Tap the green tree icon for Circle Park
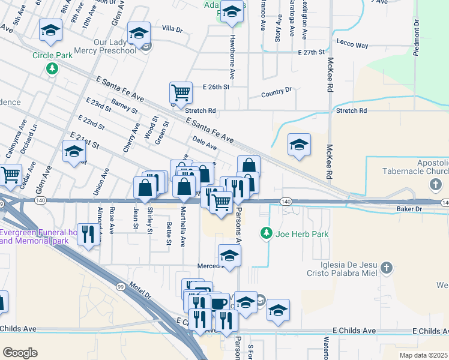53,68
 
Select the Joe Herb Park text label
302,234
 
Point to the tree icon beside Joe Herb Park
267,233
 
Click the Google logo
20,352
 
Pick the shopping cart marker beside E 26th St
181,93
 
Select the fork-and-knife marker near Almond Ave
88,233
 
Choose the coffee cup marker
219,304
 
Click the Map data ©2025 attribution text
423,355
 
